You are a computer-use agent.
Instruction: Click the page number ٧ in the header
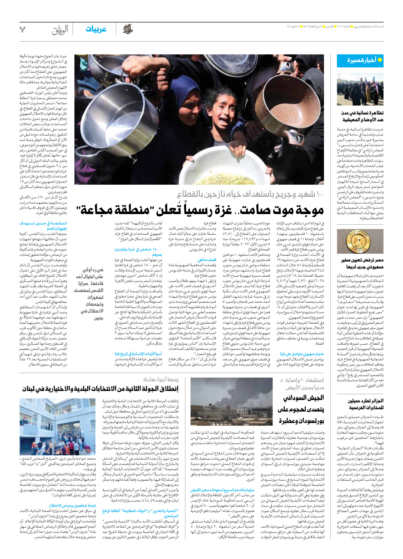click(x=22, y=29)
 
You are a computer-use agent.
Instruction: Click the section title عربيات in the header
click(x=96, y=29)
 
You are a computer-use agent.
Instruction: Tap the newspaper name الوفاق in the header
click(x=60, y=30)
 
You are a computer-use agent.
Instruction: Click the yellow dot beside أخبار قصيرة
click(x=380, y=60)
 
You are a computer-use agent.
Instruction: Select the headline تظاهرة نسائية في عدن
click(x=362, y=113)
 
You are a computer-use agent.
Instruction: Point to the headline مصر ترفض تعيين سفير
click(x=362, y=260)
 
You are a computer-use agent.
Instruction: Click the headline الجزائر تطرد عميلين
click(x=366, y=401)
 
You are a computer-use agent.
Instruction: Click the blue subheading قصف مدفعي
click(x=207, y=260)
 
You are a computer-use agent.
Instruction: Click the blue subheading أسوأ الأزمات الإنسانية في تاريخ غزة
click(x=138, y=354)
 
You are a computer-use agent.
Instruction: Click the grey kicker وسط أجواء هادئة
click(x=161, y=380)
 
